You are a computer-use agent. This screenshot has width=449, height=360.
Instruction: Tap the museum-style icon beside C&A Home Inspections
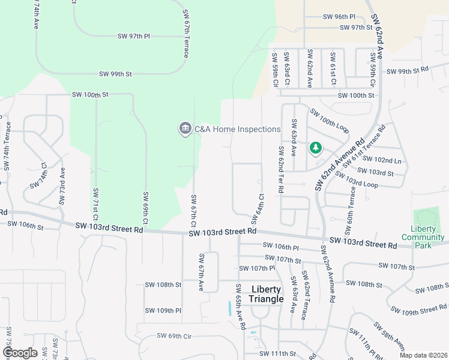[x=184, y=129]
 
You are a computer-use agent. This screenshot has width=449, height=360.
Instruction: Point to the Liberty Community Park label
[x=423, y=233]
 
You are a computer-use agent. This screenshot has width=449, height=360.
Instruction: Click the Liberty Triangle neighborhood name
[x=267, y=294]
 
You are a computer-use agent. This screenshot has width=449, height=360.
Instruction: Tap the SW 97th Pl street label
[x=133, y=37]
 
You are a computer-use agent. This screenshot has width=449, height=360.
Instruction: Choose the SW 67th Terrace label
[x=186, y=34]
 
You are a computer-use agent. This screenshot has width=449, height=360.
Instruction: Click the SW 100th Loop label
[x=330, y=121]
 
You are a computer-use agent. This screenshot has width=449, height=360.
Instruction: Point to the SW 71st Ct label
[x=95, y=203]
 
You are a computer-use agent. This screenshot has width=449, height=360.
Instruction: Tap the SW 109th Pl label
[x=163, y=310]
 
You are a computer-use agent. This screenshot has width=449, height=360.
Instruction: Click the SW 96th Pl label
[x=339, y=17]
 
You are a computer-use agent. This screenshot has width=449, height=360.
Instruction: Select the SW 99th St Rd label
[x=408, y=71]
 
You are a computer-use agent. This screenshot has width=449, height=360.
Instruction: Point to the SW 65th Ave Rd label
[x=240, y=307]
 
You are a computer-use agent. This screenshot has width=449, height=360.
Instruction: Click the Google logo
[x=20, y=353]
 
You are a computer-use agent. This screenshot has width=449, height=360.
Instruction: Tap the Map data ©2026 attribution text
[x=423, y=355]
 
